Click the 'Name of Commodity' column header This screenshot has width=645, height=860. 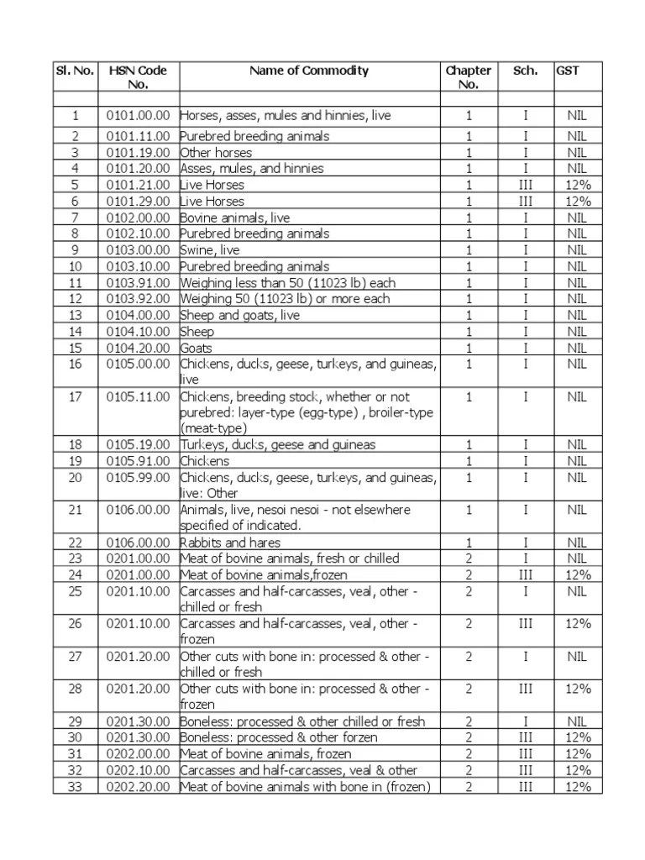coord(308,71)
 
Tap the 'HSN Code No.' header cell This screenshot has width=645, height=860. coord(138,77)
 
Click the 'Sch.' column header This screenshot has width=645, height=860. coord(526,71)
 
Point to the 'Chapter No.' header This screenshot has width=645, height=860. coord(468,77)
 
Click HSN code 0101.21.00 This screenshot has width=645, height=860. coord(138,185)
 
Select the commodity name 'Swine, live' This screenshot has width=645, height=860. coord(210,250)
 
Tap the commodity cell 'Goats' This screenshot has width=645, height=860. coord(197,348)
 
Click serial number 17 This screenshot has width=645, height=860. coord(76,396)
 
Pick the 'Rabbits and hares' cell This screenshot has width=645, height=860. coord(230,543)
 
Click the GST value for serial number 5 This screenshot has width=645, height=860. coord(578,185)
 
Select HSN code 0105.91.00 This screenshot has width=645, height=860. coord(138,461)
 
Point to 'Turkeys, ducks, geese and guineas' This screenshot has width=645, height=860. coord(278,444)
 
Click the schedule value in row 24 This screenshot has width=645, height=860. coord(526,575)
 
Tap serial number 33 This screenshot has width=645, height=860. coord(76,787)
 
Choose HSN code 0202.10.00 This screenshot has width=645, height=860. coord(138,770)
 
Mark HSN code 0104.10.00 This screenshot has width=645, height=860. coord(138,332)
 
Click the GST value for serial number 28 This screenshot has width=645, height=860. coord(578,689)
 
